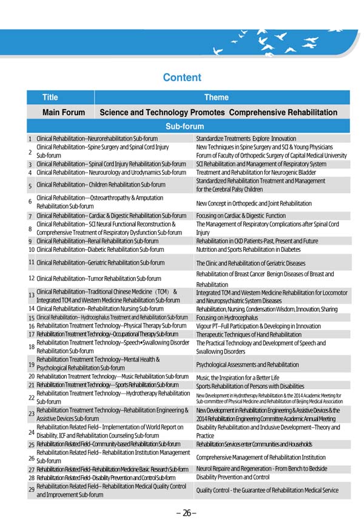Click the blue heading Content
click(x=182, y=78)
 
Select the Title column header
click(x=50, y=97)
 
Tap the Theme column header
click(x=217, y=97)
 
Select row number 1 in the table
click(x=30, y=139)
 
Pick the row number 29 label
click(x=31, y=489)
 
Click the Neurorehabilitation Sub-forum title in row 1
click(x=97, y=139)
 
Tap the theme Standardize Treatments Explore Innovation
click(x=246, y=139)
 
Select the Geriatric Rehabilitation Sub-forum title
click(x=100, y=263)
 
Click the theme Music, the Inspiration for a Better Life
click(x=238, y=377)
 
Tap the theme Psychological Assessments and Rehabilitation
click(x=248, y=364)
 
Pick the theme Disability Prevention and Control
click(x=233, y=477)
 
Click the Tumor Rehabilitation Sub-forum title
click(x=99, y=279)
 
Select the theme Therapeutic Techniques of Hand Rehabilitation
click(x=249, y=334)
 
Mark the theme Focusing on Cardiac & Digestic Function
click(x=241, y=216)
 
